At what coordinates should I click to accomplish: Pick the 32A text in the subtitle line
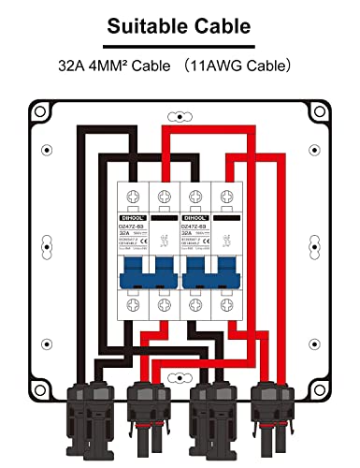74,67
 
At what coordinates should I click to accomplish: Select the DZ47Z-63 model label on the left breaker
134,226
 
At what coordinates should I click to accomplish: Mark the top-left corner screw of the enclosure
42,113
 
